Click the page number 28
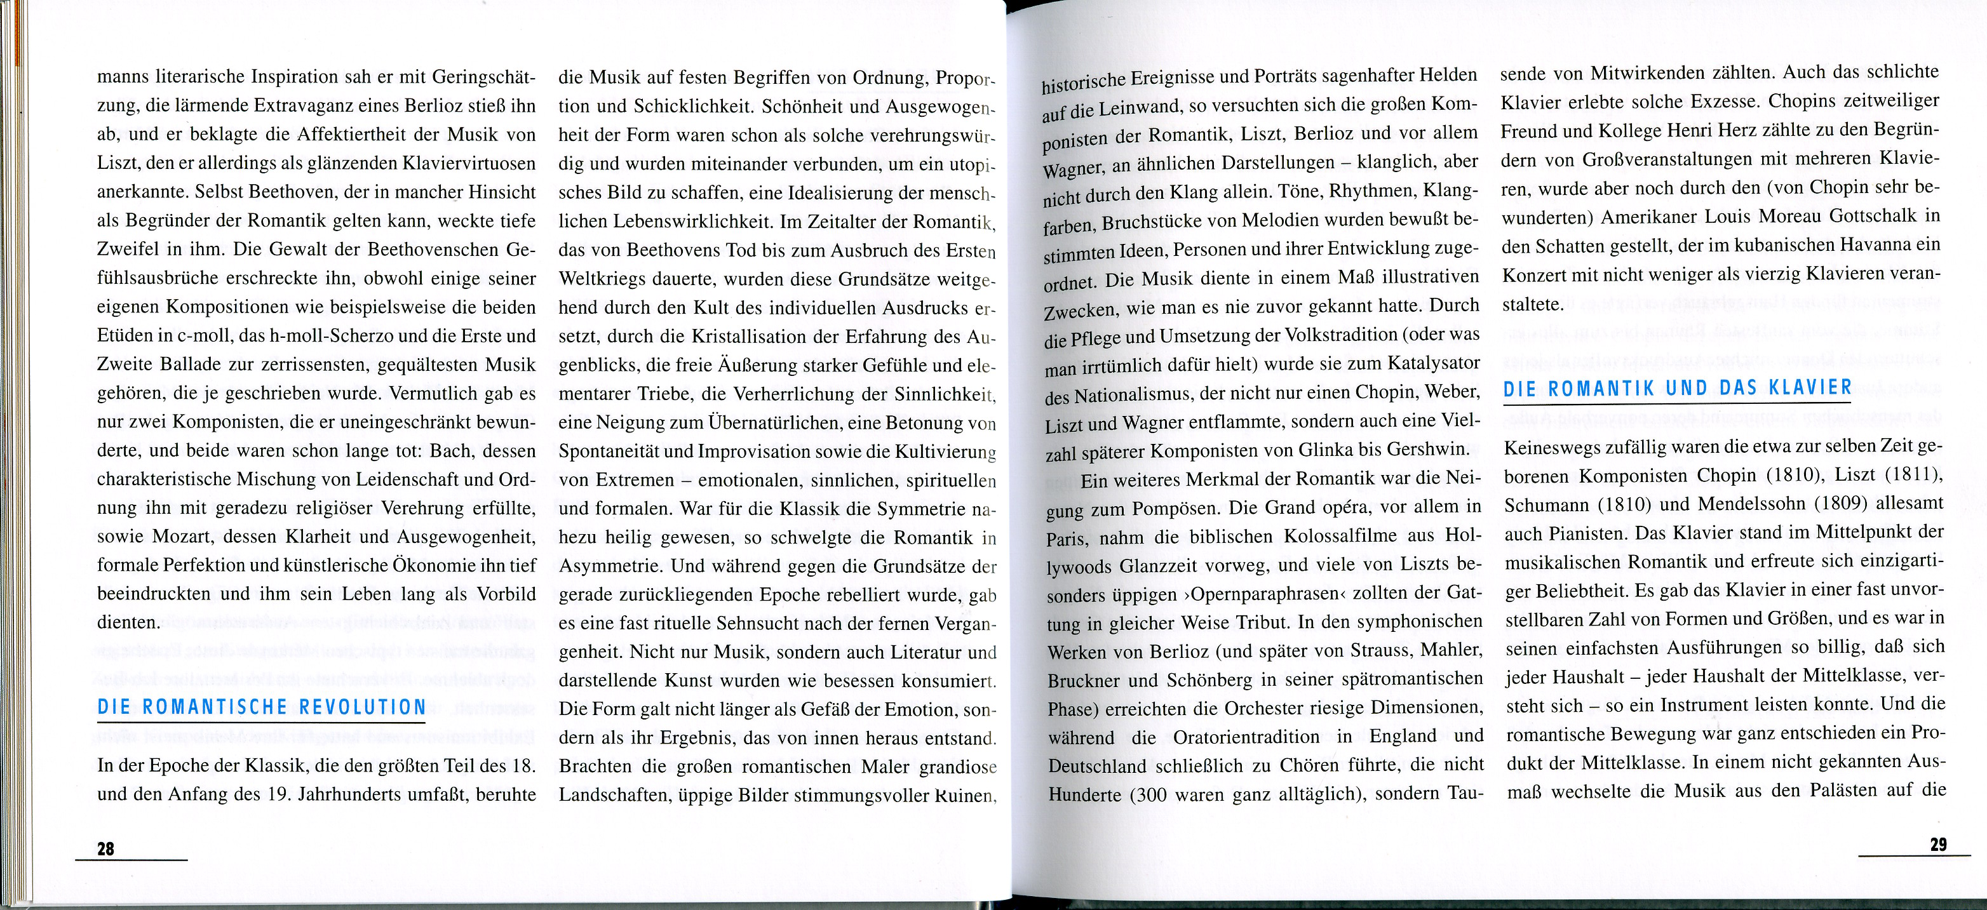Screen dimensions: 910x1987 tap(105, 848)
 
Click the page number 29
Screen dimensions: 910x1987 tap(1939, 845)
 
